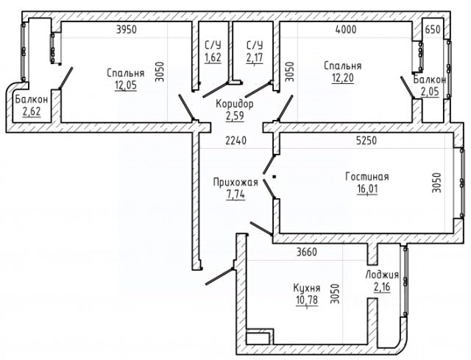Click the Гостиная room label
[x=366, y=177]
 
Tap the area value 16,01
[x=367, y=189]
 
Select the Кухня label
[x=307, y=288]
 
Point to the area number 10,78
[x=307, y=300]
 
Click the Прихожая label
[x=235, y=182]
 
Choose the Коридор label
[x=235, y=104]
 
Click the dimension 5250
[x=366, y=141]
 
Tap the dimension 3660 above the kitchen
[x=306, y=252]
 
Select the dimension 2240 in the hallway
[x=235, y=141]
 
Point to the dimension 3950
[x=127, y=29]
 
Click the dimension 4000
[x=346, y=29]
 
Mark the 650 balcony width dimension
[x=433, y=29]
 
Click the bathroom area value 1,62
[x=213, y=57]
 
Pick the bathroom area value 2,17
[x=255, y=57]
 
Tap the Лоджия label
[x=382, y=275]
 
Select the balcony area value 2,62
[x=32, y=111]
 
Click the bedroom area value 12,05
[x=126, y=85]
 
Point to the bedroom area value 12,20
[x=343, y=78]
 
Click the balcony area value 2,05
[x=430, y=92]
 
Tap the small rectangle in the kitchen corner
[x=258, y=338]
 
